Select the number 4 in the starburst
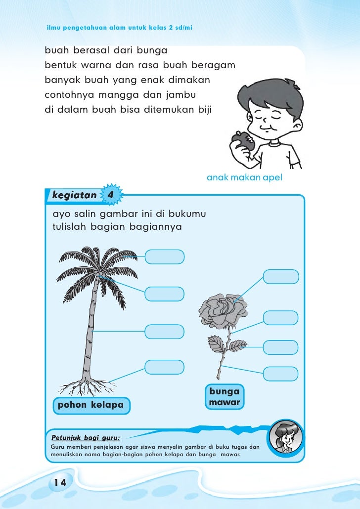point(111,195)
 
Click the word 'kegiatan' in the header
point(75,195)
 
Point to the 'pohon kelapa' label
point(90,406)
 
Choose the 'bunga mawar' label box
point(225,397)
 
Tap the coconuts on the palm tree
point(100,275)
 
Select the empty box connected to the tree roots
point(165,367)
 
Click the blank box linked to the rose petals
point(280,276)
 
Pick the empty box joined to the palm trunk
point(165,331)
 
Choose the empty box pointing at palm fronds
point(165,257)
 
